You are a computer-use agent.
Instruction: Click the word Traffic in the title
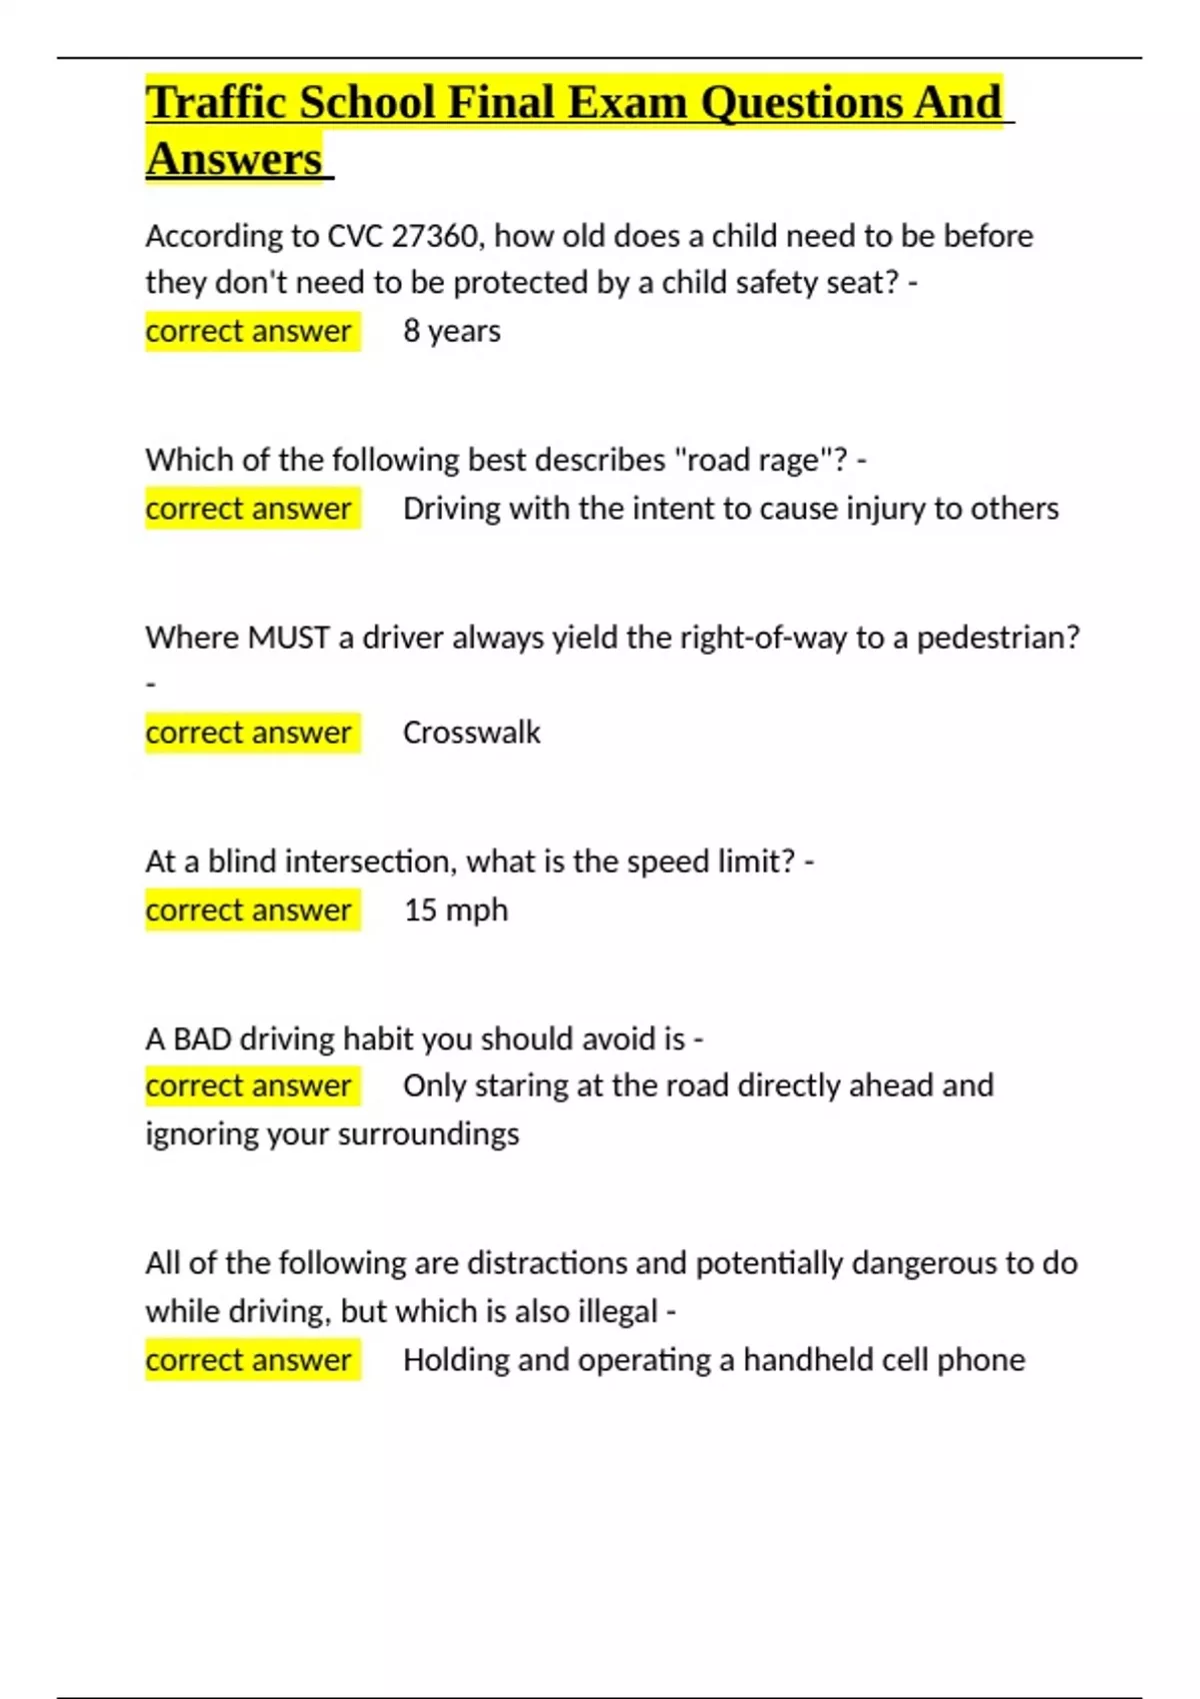(x=218, y=102)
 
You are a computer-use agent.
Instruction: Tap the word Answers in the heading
(x=234, y=159)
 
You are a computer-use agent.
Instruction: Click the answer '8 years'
(x=452, y=331)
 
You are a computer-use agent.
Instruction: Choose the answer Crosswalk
(x=471, y=733)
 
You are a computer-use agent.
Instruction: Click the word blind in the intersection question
(x=241, y=861)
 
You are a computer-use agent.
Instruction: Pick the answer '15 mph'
(x=456, y=910)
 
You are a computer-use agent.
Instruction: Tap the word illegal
(x=618, y=1311)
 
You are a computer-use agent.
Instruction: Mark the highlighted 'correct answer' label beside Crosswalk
(x=249, y=733)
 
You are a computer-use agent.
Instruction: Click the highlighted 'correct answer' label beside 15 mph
(x=249, y=910)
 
